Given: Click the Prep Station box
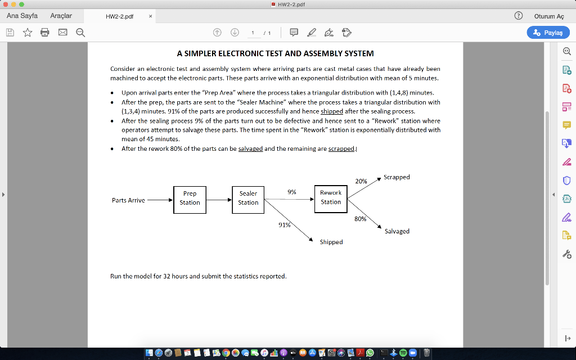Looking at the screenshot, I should [190, 198].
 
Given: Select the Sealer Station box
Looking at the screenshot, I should [248, 198].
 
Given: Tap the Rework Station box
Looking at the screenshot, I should [331, 197].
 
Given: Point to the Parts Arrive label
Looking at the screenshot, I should [128, 200].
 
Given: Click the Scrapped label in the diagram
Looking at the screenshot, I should [397, 177].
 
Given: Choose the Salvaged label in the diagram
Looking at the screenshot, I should [397, 231].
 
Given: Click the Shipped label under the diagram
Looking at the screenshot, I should [331, 242].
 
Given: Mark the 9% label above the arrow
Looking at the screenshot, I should [292, 192].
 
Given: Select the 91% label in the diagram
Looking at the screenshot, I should [285, 225].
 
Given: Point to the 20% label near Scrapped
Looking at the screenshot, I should [361, 181].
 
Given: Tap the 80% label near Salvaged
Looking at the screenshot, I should [361, 219].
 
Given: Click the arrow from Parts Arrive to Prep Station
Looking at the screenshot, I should [160, 200].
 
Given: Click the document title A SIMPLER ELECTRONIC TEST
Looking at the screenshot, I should [275, 53].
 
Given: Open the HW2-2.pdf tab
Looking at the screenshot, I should [120, 16].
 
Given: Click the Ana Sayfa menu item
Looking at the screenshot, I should [22, 16].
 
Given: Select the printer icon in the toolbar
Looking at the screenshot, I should [44, 33].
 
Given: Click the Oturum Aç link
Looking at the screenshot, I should [548, 16].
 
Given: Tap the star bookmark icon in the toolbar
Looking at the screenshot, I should [27, 33].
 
